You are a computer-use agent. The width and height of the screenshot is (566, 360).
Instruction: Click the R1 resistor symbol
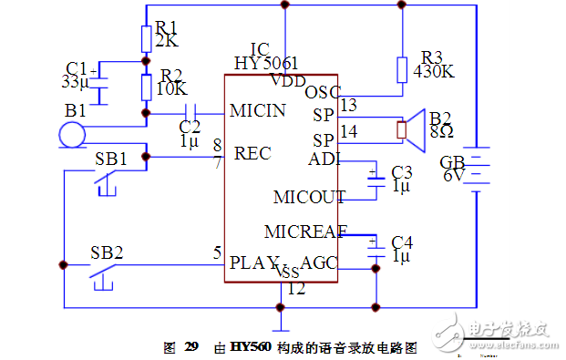[x=146, y=39]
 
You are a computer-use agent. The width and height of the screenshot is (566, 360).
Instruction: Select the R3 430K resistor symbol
[x=401, y=70]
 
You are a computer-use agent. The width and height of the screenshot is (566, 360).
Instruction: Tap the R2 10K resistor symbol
[x=146, y=87]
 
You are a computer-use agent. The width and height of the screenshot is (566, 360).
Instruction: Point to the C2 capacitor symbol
[x=189, y=114]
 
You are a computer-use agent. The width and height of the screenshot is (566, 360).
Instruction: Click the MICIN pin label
[x=258, y=111]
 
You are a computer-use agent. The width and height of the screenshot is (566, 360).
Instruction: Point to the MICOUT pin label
[x=309, y=197]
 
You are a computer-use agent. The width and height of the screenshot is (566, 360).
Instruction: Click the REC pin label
[x=252, y=153]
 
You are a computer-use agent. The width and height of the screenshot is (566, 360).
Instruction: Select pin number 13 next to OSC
[x=348, y=106]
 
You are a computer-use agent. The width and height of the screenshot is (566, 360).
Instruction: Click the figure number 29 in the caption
[x=190, y=347]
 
